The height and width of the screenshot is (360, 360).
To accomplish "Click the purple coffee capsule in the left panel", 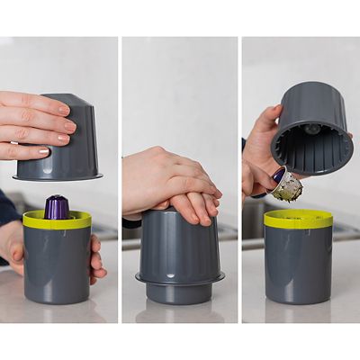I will [58, 207].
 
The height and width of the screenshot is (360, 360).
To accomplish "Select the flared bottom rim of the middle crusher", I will [180, 281].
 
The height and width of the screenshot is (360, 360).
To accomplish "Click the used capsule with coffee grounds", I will [287, 186].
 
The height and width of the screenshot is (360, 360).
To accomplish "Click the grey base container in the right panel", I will [298, 265].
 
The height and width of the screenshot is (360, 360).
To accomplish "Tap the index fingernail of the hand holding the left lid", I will [63, 109].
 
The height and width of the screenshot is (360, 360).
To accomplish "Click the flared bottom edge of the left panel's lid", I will [67, 176].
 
